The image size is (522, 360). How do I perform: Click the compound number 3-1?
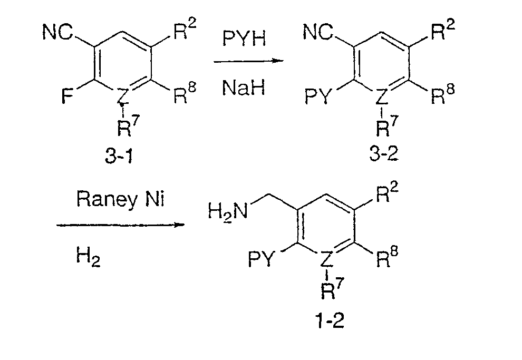pos(119,155)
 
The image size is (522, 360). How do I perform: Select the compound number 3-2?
pos(384,153)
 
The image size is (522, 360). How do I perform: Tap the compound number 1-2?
pos(330,320)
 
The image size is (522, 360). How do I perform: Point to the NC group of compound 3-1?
pos(57,32)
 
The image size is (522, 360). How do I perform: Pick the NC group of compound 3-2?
pos(317,32)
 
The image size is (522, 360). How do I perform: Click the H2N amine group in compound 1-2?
pos(228,211)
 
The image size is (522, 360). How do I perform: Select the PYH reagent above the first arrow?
pos(244,38)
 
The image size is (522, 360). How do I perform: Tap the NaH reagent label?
pos(244,88)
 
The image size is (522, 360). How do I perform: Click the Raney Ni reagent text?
pos(121,200)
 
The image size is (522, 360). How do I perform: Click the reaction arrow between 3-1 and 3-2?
pos(248,61)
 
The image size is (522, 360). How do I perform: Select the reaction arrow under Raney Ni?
pos(120,225)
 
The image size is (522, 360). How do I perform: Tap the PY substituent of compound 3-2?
pos(318,96)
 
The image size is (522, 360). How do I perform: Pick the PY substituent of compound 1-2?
pos(262,259)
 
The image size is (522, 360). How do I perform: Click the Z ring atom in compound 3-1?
pos(122,96)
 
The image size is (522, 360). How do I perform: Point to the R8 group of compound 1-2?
pos(387,257)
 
